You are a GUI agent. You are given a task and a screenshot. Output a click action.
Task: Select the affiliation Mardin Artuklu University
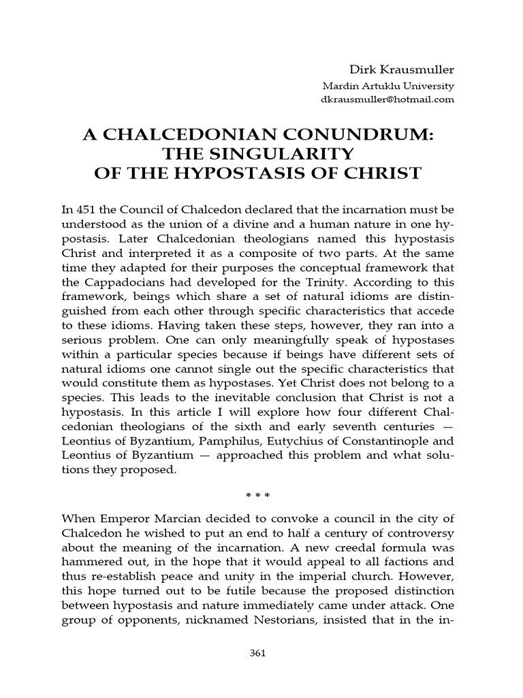(x=387, y=87)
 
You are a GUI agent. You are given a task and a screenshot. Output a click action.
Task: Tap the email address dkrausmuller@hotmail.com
(x=387, y=100)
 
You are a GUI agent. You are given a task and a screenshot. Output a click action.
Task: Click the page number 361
(x=257, y=652)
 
